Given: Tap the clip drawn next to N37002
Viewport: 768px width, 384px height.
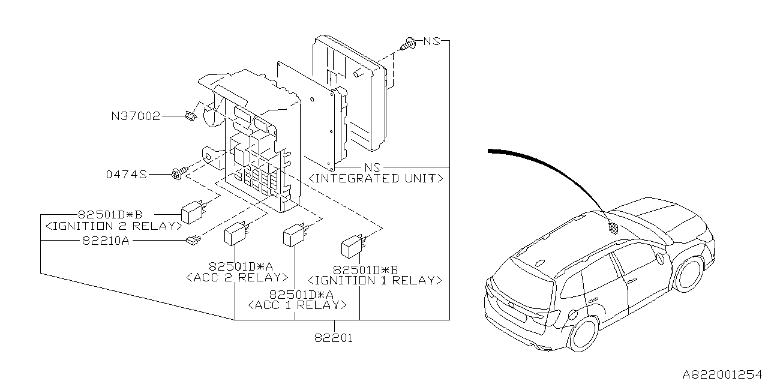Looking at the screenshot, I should (191, 115).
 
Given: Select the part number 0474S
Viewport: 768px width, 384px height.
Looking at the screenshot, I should (127, 175).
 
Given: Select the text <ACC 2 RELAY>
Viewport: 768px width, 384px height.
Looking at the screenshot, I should (237, 277).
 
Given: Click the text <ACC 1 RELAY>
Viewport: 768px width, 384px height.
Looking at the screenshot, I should (297, 305).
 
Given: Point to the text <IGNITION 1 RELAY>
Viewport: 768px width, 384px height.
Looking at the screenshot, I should (375, 280).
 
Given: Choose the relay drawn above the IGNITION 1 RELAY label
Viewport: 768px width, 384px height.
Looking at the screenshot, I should (353, 246).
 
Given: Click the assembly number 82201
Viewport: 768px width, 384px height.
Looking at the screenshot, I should (333, 338).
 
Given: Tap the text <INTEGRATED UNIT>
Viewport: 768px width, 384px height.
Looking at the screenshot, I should (376, 178).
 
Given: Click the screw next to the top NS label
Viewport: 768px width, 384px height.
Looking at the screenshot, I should (409, 43).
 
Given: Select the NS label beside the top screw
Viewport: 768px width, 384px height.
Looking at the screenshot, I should (431, 41).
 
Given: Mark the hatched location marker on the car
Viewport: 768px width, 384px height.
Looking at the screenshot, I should (613, 227).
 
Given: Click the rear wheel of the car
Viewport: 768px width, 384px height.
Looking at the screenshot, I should (584, 334).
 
